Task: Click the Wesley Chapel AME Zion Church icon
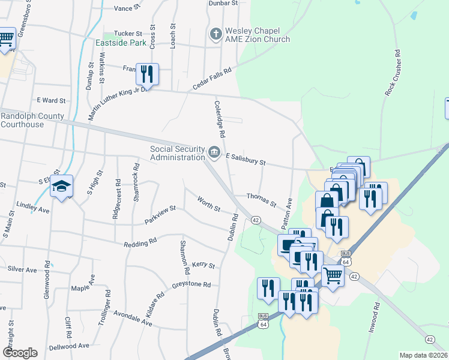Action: pos(215,34)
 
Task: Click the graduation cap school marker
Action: pos(61,187)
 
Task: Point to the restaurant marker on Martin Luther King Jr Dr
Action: pos(147,74)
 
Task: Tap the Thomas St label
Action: pos(262,200)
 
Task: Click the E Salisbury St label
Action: pos(246,159)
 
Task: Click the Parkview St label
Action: pos(160,215)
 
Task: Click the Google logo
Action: pos(20,352)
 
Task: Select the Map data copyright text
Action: pos(424,355)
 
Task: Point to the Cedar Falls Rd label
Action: pos(212,80)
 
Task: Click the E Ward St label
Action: pos(51,100)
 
